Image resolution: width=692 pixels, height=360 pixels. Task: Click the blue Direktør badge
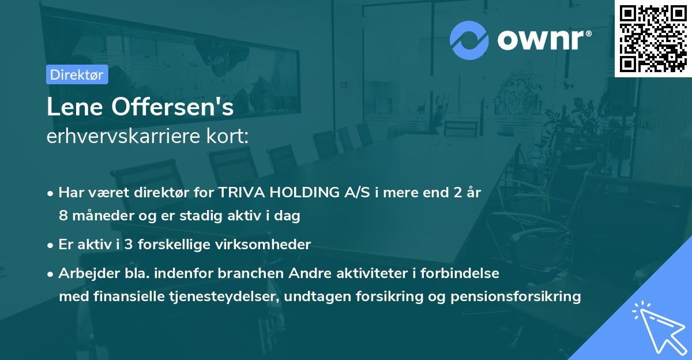pos(77,74)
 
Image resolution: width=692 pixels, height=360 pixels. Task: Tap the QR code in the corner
pos(653,38)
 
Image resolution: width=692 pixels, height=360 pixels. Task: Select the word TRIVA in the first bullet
pos(236,193)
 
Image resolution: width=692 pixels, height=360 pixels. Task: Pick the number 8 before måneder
pos(63,216)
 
